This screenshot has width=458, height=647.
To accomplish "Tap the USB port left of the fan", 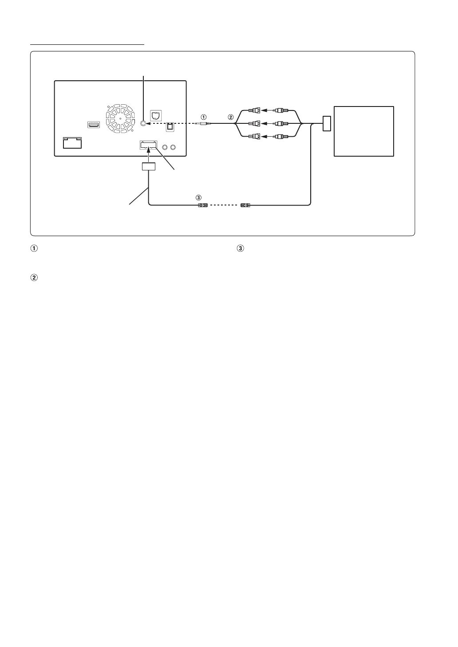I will click(x=94, y=125).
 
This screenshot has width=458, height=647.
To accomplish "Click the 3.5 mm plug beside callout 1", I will click(x=205, y=125).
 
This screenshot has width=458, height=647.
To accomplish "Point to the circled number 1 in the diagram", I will click(x=204, y=117).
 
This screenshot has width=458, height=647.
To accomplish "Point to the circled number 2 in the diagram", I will click(x=230, y=117).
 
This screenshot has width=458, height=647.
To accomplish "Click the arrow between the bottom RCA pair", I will click(x=265, y=137).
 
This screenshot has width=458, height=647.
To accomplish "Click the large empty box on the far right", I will click(x=364, y=131).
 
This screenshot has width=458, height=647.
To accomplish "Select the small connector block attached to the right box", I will click(x=327, y=123).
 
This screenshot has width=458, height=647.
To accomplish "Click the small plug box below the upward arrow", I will click(x=149, y=167).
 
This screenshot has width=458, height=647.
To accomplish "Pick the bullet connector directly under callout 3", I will click(x=203, y=205).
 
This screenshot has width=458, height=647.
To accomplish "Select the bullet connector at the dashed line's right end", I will click(x=245, y=205).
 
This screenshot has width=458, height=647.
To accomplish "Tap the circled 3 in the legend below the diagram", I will click(x=241, y=249).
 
